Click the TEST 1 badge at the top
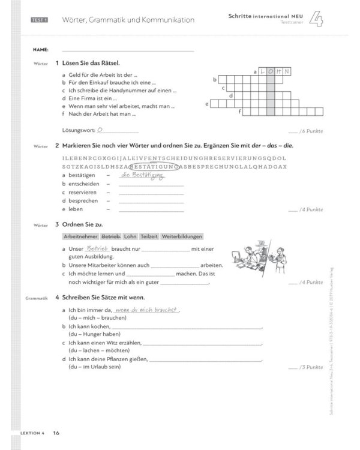[40, 20]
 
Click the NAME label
[40, 49]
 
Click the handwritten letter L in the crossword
[262, 72]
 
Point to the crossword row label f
[240, 112]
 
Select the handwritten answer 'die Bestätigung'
[142, 175]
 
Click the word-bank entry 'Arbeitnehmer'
[80, 236]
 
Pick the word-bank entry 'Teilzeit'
[149, 236]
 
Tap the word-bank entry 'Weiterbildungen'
[182, 236]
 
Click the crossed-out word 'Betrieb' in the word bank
[112, 236]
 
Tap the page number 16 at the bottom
[56, 433]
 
